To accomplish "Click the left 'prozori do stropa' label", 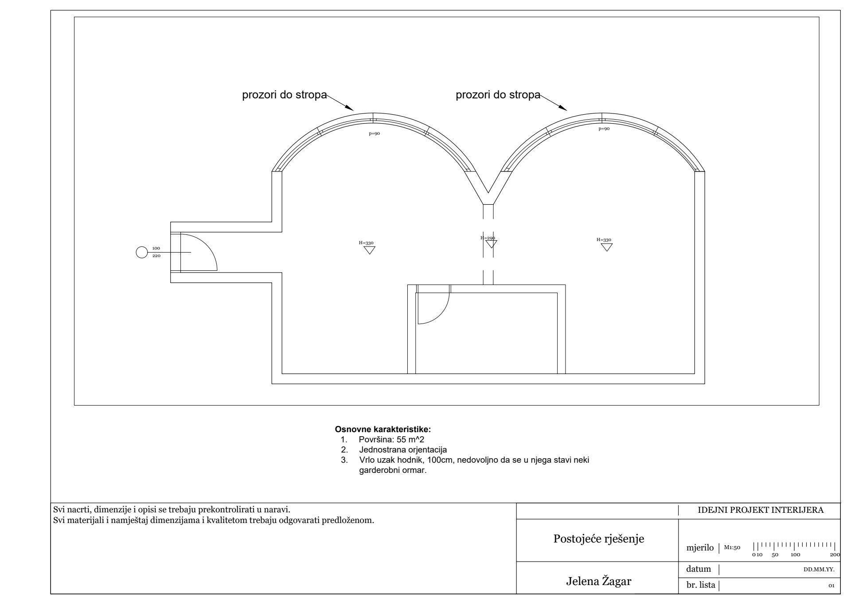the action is coord(284,95).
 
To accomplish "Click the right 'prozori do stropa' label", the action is coord(498,95).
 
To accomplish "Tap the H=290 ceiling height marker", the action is coord(488,238).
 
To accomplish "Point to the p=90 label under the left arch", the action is coord(375,133).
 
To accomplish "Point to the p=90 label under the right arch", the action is coord(604,129).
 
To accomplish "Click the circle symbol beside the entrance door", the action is coord(141,253).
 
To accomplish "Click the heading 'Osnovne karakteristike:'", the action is coord(383,429).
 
